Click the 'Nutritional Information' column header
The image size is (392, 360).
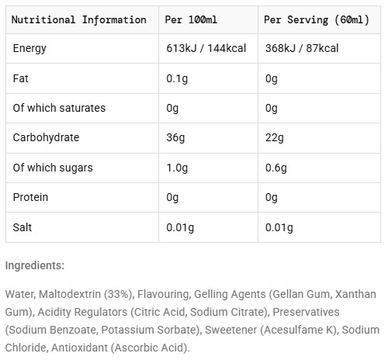pyautogui.click(x=79, y=20)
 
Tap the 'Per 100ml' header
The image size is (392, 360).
pyautogui.click(x=191, y=19)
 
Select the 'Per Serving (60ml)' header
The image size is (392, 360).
pyautogui.click(x=317, y=20)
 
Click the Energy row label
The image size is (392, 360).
pyautogui.click(x=29, y=49)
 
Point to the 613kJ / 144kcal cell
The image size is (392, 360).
pyautogui.click(x=206, y=48)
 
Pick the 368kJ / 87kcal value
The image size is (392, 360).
pyautogui.click(x=302, y=48)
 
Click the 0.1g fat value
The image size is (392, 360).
pyautogui.click(x=177, y=78)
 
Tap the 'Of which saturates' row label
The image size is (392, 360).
pyautogui.click(x=59, y=108)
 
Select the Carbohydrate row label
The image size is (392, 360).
pyautogui.click(x=46, y=137)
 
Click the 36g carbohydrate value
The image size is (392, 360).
pyautogui.click(x=175, y=138)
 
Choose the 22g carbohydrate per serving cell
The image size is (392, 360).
pyautogui.click(x=274, y=138)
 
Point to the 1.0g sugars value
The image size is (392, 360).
pyautogui.click(x=177, y=168)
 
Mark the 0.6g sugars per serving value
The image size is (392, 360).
pyautogui.click(x=276, y=168)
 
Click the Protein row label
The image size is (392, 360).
pyautogui.click(x=30, y=197)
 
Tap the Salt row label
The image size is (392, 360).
pyautogui.click(x=23, y=227)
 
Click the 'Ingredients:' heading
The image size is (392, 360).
pyautogui.click(x=35, y=265)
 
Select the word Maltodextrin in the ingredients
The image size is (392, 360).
pyautogui.click(x=70, y=294)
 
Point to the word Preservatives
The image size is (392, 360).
pyautogui.click(x=306, y=312)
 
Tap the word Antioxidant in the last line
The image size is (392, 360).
pyautogui.click(x=79, y=348)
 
